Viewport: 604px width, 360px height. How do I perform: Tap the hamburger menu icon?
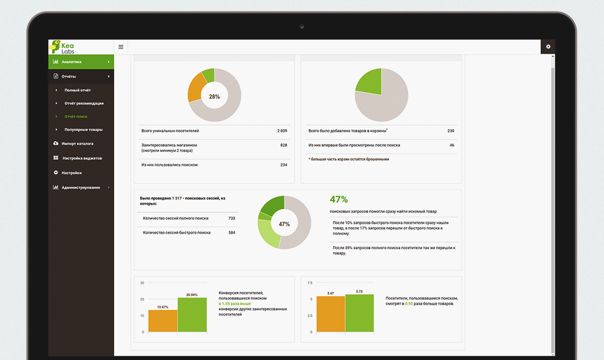[121, 47]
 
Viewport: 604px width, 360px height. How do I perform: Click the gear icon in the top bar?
[548, 47]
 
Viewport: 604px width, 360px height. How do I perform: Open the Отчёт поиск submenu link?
[76, 116]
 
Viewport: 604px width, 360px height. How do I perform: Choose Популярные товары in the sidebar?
[83, 130]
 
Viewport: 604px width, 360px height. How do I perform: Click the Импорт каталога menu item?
[78, 143]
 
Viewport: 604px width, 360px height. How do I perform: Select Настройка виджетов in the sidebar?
[82, 158]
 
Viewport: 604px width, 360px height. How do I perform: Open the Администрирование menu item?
[81, 187]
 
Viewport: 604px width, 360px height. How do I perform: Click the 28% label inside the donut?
[214, 96]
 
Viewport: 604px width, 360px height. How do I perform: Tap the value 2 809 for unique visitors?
[282, 131]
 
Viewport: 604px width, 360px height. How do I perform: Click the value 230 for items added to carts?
[451, 131]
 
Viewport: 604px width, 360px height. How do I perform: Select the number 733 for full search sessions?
[232, 218]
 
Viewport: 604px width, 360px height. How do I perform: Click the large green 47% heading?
[339, 199]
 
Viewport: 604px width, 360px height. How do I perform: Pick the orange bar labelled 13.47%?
[163, 321]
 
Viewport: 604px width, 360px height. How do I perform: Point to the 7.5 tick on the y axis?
[310, 282]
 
